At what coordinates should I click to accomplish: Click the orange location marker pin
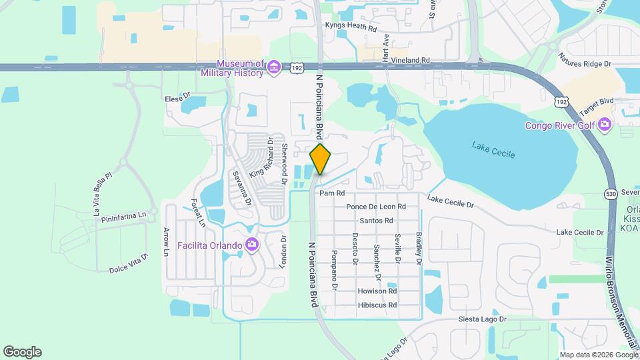pos(320,159)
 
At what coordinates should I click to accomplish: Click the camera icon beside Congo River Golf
pos(604,125)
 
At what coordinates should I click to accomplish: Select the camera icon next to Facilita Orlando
pos(251,245)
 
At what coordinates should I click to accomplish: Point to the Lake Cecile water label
pos(493,149)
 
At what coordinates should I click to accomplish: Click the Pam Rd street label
pos(331,193)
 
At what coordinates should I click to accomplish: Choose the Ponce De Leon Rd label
pos(376,207)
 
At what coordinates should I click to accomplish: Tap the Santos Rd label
pos(376,221)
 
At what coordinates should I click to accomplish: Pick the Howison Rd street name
pos(377,291)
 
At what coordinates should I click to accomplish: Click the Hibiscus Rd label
pos(377,305)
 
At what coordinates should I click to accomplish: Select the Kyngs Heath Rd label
pos(351,27)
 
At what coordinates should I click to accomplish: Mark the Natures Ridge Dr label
pos(585,60)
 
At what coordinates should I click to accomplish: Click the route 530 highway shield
pos(611,194)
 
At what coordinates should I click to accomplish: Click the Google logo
pos(22,352)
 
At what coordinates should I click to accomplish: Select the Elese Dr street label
pos(178,98)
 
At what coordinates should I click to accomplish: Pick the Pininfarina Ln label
pos(119,216)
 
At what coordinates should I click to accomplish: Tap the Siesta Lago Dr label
pos(483,319)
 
